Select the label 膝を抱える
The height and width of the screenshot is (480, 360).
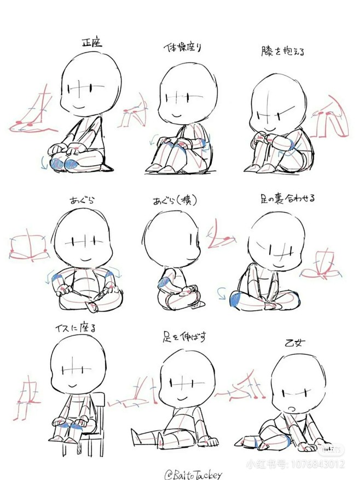coord(282,51)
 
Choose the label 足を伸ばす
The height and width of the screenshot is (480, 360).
coord(183,336)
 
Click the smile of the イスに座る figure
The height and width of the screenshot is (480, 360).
coord(74,386)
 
